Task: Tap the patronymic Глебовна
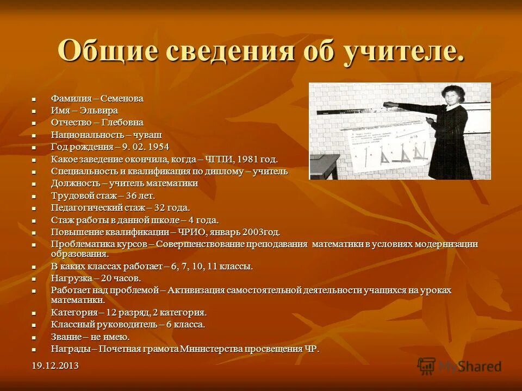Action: [x=121, y=123]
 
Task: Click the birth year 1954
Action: [x=158, y=147]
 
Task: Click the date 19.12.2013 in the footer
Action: [x=54, y=365]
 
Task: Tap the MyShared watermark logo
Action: [x=459, y=365]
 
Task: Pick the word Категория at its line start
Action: [x=74, y=312]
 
